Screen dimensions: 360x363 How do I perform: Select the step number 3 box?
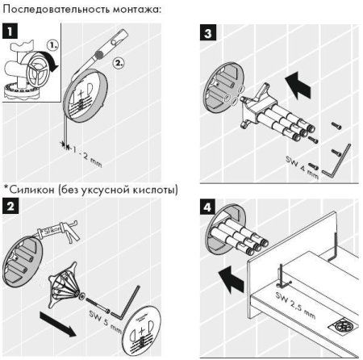click(x=208, y=34)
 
